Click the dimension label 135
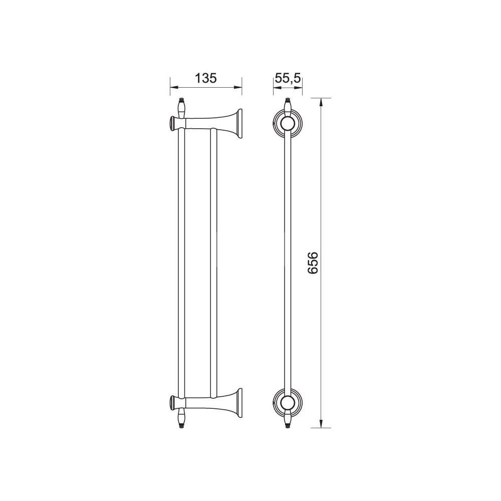click(x=206, y=78)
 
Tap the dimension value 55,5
click(x=288, y=78)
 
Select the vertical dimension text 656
click(x=313, y=263)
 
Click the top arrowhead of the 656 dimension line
click(x=321, y=102)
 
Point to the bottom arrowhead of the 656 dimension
click(x=321, y=424)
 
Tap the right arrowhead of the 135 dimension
click(x=237, y=87)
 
